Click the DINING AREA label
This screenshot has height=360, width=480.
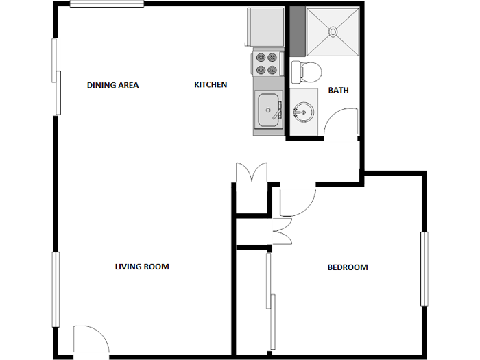pos(112,86)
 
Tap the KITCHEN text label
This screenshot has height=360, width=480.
pos(211,85)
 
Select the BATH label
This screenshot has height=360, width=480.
pos(338,90)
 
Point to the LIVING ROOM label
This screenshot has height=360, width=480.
pos(142,267)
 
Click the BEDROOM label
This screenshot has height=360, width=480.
pos(347,267)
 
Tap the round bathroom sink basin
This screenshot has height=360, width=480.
pos(302,110)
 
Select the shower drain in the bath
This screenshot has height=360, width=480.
pos(333,31)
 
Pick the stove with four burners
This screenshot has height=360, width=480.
pos(267,64)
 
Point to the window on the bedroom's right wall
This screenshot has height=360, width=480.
pos(424,269)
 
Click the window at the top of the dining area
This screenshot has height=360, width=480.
pos(106,5)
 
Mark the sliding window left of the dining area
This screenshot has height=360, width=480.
pos(56,75)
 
